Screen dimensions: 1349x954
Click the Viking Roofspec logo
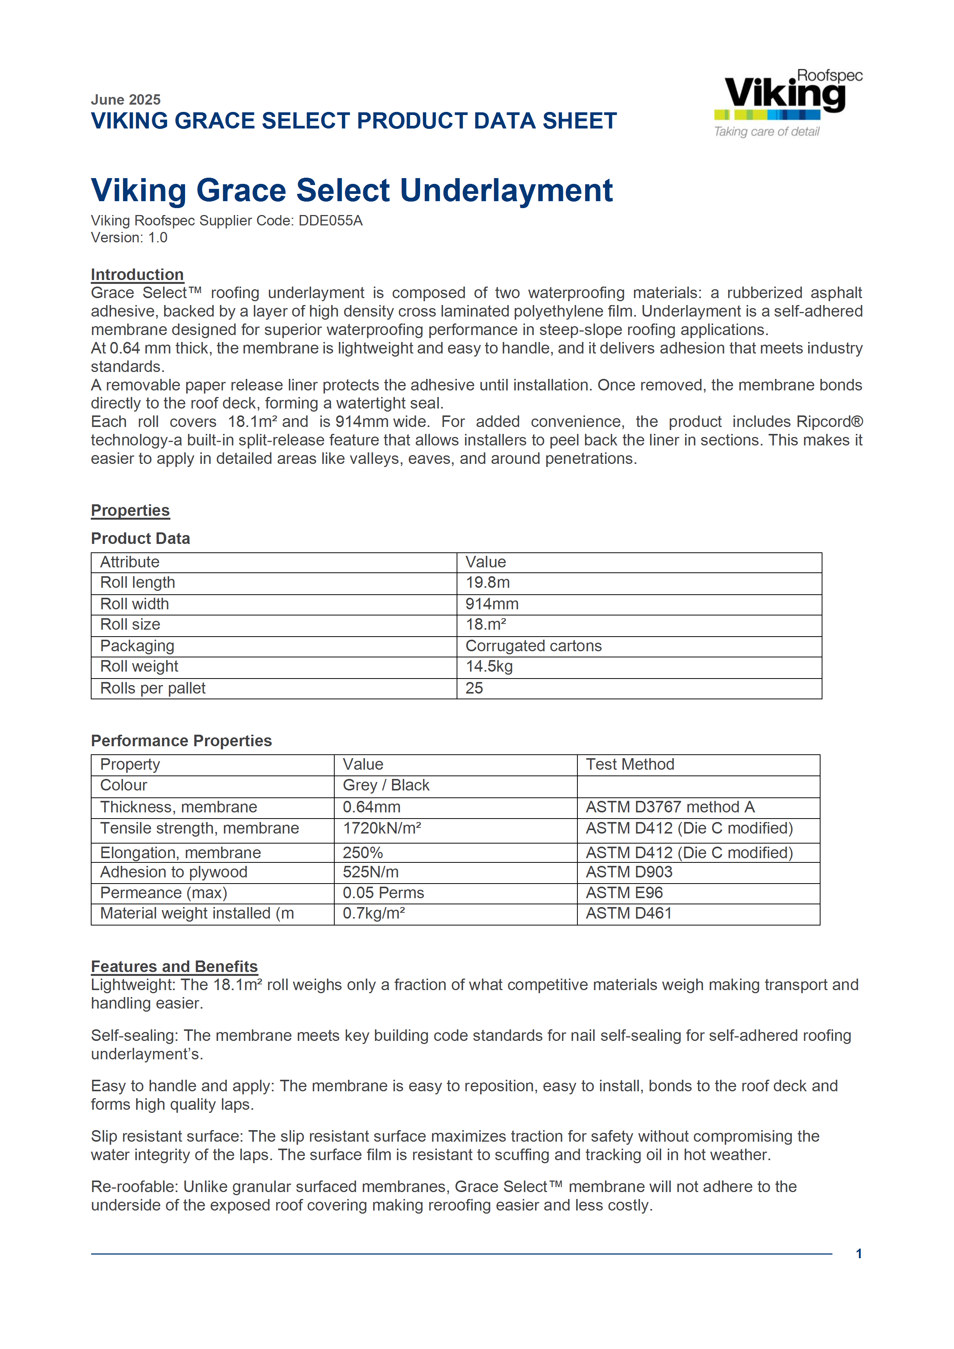[x=787, y=103]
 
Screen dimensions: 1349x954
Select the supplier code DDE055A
[x=330, y=220]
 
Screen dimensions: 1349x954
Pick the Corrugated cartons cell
[x=534, y=646]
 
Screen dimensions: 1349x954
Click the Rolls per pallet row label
[x=153, y=688]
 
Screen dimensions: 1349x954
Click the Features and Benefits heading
[x=174, y=967]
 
